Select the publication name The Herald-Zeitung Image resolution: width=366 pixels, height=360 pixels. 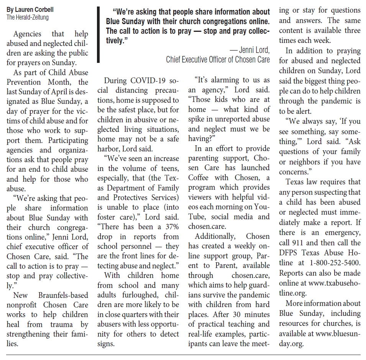27,17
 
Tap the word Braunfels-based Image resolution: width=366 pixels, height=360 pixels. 63,295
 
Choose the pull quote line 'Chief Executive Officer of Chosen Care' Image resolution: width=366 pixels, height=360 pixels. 218,59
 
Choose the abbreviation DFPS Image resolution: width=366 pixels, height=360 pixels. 291,253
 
